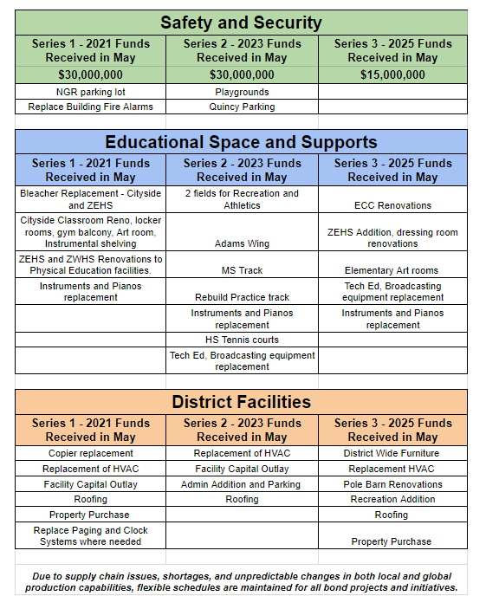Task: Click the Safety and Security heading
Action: tap(241, 23)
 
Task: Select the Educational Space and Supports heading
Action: tap(241, 142)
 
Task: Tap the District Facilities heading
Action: tap(241, 402)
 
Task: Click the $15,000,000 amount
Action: tap(392, 75)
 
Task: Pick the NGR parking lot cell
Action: tap(90, 92)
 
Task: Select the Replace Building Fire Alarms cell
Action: tap(90, 107)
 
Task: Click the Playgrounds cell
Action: tap(242, 92)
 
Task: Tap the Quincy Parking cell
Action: tap(242, 107)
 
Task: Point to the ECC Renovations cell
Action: tap(392, 205)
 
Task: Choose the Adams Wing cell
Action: tap(242, 243)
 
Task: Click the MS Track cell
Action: tap(242, 270)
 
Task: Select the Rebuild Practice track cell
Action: tap(242, 297)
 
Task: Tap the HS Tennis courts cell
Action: tap(242, 340)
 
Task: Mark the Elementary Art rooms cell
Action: tap(392, 270)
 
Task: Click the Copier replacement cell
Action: tap(90, 453)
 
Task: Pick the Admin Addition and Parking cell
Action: tap(242, 484)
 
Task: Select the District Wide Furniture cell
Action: tap(392, 453)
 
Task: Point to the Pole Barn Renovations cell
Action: tap(392, 484)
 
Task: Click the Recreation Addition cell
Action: tap(392, 499)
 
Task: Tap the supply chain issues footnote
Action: tap(241, 581)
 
